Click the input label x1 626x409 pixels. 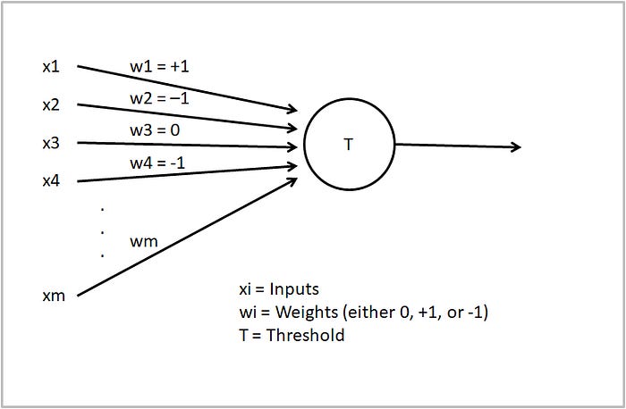[52, 67]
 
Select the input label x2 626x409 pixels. [52, 105]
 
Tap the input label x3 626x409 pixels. [52, 143]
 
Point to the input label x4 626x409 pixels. [52, 181]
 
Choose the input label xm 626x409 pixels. [54, 296]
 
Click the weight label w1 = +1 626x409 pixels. [158, 67]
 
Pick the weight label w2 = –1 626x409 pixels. [158, 98]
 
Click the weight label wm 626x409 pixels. [143, 241]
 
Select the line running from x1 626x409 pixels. [188, 88]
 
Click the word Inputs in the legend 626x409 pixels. [292, 289]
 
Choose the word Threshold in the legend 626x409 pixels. [305, 336]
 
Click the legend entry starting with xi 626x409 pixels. [278, 289]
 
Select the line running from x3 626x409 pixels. [188, 144]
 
